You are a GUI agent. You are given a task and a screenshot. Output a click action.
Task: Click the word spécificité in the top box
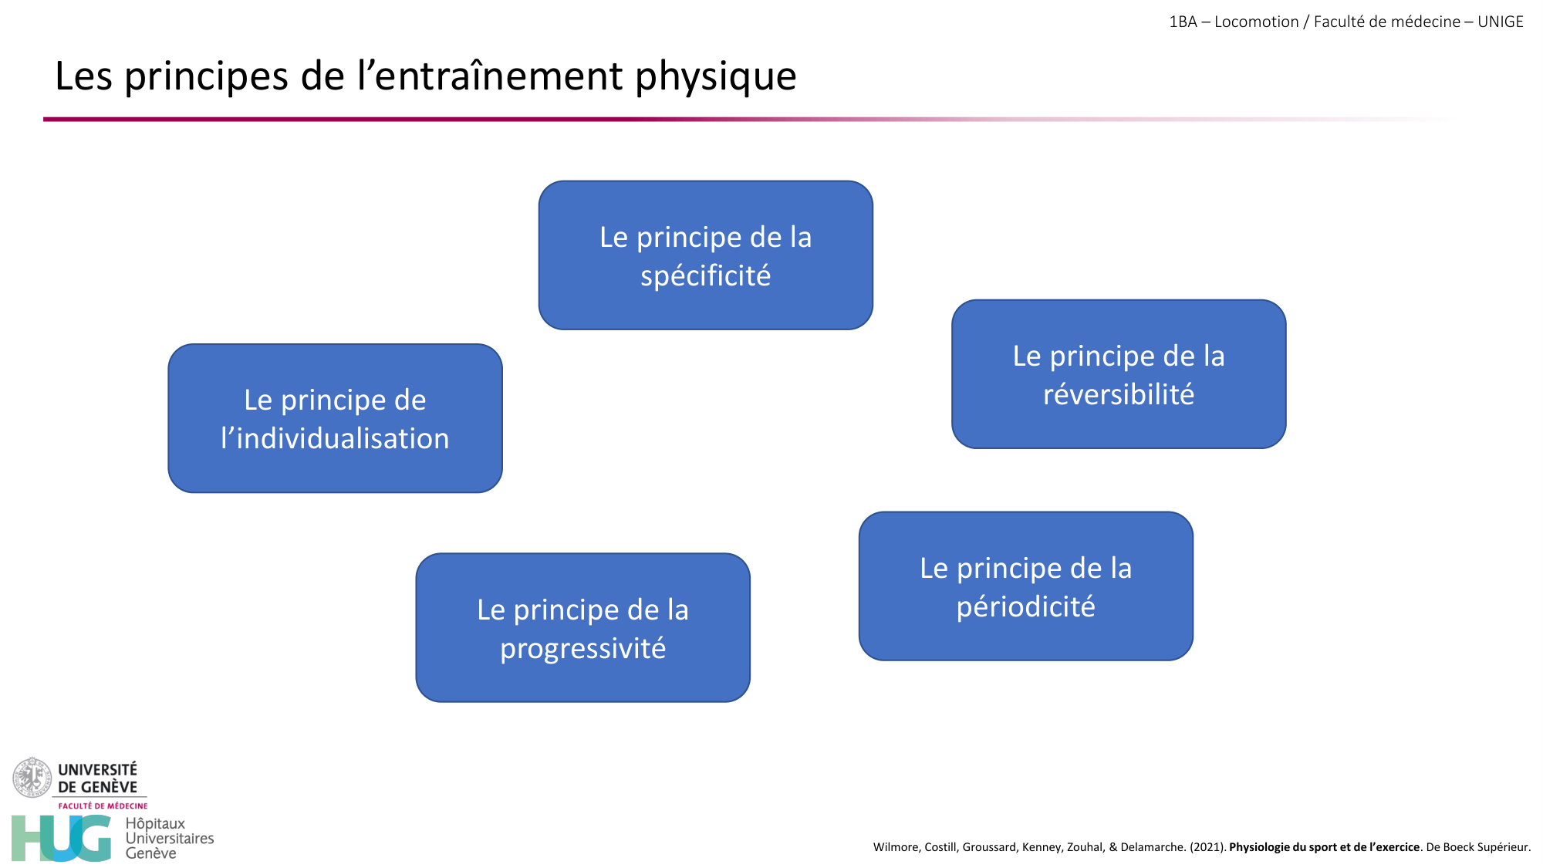pos(705,276)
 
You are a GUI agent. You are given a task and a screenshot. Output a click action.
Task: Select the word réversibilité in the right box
pos(1118,395)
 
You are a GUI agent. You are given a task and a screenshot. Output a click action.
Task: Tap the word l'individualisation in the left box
pos(335,439)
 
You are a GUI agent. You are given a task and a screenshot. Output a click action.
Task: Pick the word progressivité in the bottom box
pos(582,649)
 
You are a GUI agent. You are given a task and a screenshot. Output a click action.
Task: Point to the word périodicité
pos(1025,607)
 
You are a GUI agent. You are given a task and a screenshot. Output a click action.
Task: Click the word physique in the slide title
pos(715,77)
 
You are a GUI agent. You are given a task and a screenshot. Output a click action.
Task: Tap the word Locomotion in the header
pos(1256,22)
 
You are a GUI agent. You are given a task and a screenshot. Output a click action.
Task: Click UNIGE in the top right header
pos(1500,22)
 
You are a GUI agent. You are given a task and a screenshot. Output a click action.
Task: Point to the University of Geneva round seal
pos(32,777)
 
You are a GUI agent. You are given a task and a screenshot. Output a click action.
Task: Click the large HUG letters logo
pos(61,839)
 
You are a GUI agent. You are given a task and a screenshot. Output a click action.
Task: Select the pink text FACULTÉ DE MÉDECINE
pos(103,806)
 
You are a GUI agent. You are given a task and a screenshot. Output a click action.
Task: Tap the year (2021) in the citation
pos(1207,847)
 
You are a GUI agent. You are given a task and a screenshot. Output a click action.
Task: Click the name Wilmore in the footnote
pos(895,847)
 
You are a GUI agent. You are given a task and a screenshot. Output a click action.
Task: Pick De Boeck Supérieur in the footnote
pos(1477,847)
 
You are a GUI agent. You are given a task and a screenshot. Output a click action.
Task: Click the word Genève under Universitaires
pos(150,853)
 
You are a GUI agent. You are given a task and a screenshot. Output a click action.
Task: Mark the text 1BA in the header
pos(1183,22)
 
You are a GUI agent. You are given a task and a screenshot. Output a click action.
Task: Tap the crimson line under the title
pos(386,119)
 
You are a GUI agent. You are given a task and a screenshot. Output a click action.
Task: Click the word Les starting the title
pos(83,77)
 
